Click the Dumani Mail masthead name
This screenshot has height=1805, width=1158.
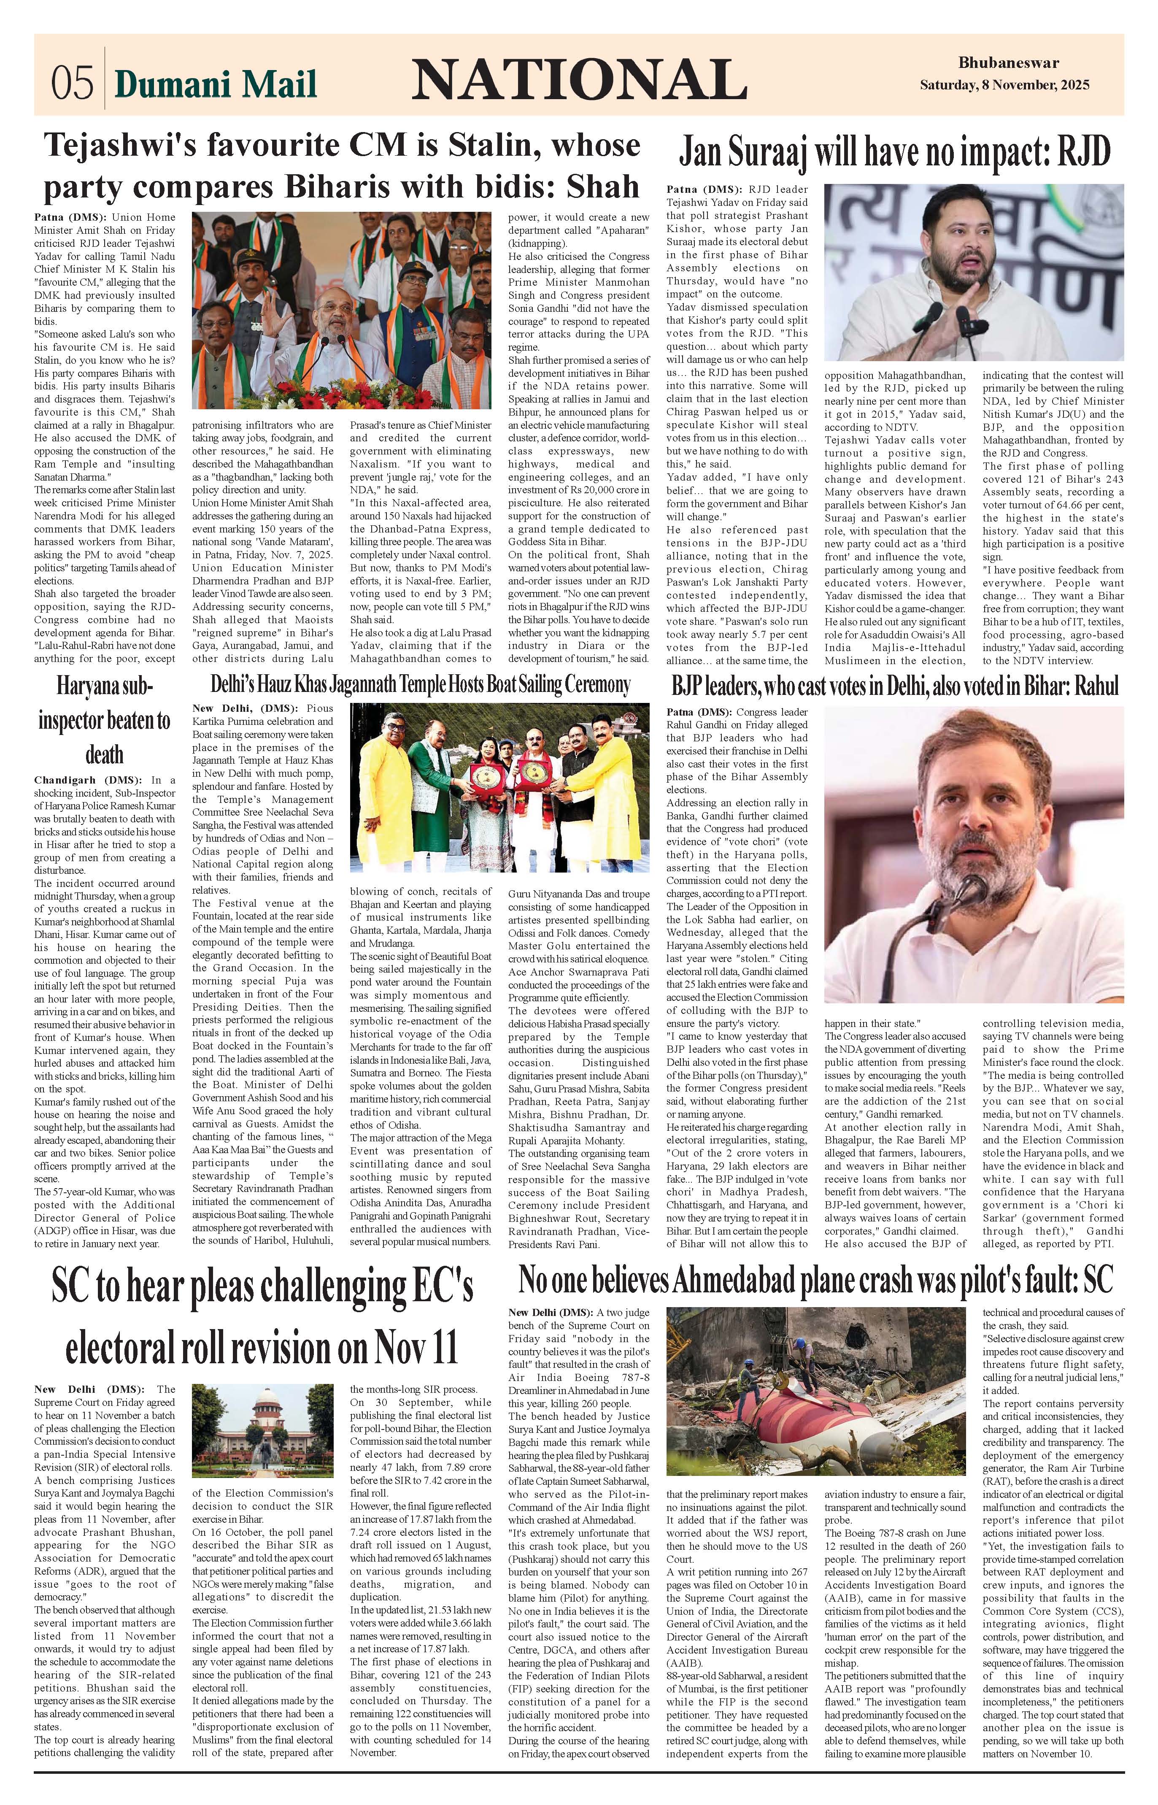point(216,84)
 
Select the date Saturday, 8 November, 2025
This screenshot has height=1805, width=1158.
point(1004,86)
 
